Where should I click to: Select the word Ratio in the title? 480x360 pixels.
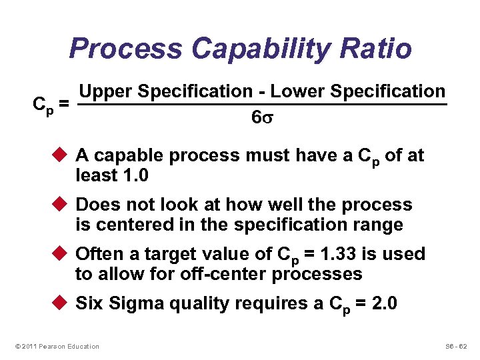pos(381,48)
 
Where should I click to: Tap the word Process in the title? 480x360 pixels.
pos(125,48)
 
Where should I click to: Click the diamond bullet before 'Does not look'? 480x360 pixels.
pos(61,205)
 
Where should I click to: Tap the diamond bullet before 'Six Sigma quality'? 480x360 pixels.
pos(61,303)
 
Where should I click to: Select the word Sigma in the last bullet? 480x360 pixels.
pos(135,303)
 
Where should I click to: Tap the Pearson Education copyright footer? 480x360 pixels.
pos(56,346)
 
